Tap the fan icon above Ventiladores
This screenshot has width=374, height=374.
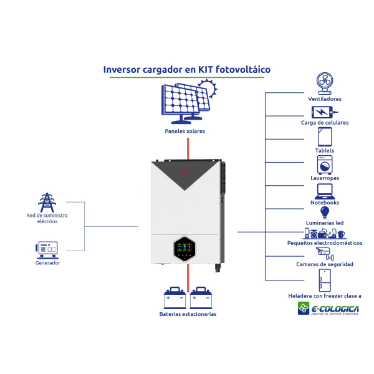(324, 82)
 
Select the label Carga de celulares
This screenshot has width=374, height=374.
(324, 123)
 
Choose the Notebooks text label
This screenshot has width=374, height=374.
(325, 203)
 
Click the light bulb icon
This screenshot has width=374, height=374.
(324, 213)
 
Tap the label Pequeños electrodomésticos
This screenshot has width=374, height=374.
(324, 243)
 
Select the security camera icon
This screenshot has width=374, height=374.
(324, 252)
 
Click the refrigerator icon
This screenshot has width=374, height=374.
(324, 280)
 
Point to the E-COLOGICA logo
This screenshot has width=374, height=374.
(328, 309)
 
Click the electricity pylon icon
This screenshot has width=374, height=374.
(47, 202)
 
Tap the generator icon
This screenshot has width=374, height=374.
(47, 249)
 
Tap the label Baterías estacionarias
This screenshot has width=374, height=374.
(188, 314)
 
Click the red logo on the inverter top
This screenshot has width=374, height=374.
(184, 170)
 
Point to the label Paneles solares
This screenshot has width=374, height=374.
(185, 132)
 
